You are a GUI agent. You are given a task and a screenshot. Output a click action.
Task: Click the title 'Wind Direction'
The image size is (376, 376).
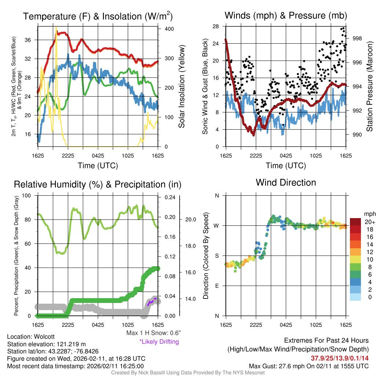coord(286,182)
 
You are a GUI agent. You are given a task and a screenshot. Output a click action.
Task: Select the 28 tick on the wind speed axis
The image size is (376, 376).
coord(216,26)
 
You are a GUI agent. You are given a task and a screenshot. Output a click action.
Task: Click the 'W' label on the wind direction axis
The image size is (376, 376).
coord(217,225)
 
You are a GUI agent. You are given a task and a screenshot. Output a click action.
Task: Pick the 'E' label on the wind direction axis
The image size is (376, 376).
coord(217,286)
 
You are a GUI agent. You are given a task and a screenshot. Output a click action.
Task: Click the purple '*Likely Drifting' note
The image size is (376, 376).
coord(159,341)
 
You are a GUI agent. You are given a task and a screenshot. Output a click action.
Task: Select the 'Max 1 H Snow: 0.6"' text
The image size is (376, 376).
coord(153,333)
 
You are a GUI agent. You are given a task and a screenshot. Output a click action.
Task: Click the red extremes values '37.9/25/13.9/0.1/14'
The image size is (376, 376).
coord(340,358)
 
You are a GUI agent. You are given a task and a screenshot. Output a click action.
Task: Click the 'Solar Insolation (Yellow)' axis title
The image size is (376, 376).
coord(181,86)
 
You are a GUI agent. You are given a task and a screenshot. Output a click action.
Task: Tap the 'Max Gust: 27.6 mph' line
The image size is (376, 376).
coord(308,366)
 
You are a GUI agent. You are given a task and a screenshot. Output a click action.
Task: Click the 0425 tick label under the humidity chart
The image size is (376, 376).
coord(98,325)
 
